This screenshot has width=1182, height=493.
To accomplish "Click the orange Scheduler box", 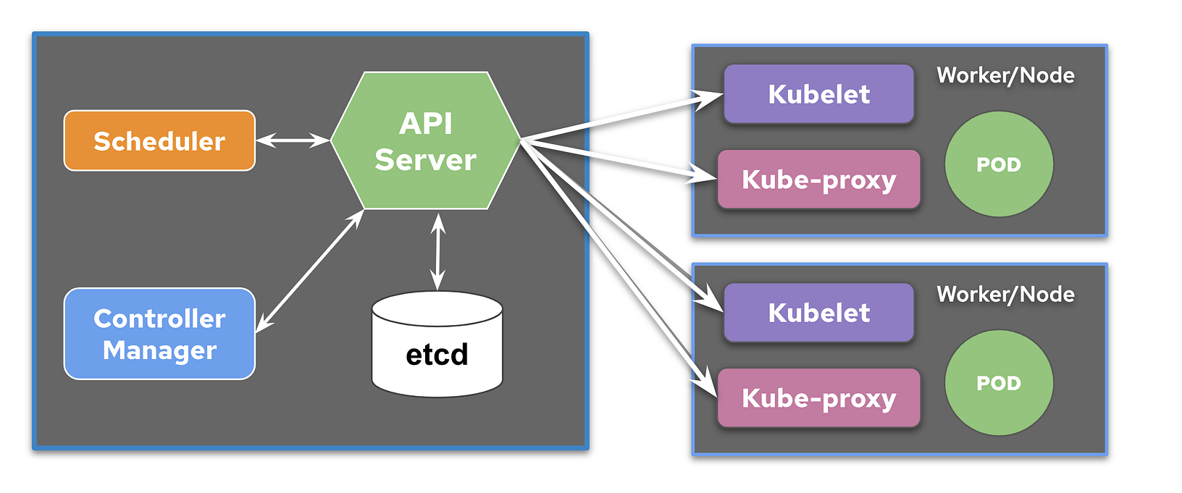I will coord(159,140).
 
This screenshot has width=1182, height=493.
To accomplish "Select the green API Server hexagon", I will coord(426,140).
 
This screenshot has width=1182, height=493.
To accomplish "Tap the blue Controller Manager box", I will coord(159,334).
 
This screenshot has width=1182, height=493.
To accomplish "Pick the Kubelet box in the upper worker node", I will coord(818,94).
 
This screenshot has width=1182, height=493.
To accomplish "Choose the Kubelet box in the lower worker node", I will coord(818,313).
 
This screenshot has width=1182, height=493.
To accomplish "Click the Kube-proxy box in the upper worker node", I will coord(818,180).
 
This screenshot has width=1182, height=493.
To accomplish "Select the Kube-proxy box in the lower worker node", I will coord(818,398).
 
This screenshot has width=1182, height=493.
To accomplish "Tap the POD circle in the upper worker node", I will coord(999,164).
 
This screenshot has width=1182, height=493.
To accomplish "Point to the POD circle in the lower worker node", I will coord(999,383).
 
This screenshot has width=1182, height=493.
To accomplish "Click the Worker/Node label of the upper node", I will coord(1005,75).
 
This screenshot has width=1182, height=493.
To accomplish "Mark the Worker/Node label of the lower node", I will coord(1005,294).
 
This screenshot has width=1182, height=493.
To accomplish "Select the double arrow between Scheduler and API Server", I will coord(293,140).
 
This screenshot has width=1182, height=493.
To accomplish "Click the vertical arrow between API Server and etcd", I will coord(437,251).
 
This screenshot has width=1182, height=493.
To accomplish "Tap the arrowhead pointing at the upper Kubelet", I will coord(708,97).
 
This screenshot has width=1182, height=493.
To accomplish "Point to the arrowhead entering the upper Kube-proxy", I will coord(703,174).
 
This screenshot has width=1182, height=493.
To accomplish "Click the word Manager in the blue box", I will coord(159,350).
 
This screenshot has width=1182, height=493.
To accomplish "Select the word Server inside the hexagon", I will coord(426,160).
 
